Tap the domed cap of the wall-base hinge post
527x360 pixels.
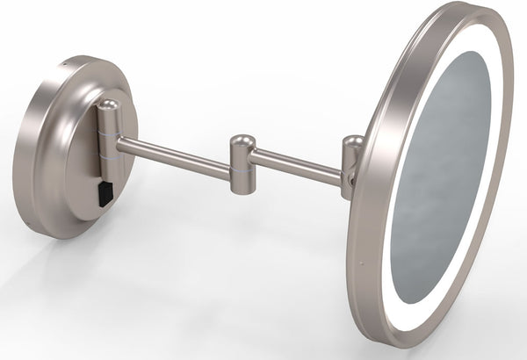click(108, 105)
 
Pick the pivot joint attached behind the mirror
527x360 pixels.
click(351, 162)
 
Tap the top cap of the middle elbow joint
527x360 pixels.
click(241, 139)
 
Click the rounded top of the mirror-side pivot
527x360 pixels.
click(354, 140)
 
